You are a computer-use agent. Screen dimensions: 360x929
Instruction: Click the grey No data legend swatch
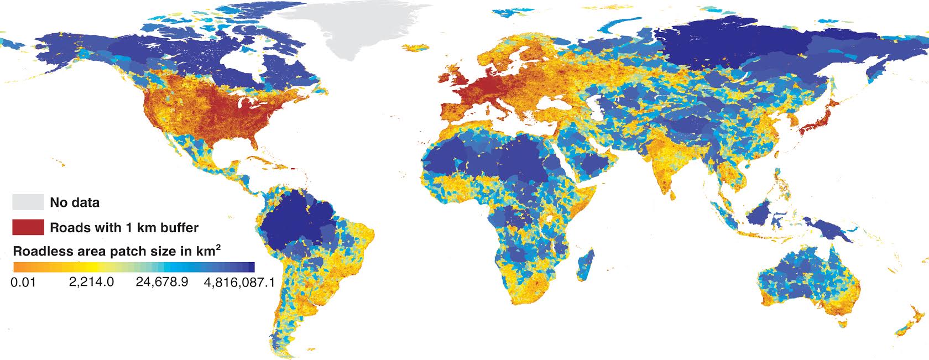(28, 202)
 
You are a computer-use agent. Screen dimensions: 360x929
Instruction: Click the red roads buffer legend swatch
(28, 227)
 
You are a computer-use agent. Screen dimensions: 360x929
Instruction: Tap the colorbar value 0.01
(23, 282)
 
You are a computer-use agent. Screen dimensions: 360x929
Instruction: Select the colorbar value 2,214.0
(92, 282)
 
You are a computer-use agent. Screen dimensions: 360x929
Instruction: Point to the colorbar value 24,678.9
(162, 282)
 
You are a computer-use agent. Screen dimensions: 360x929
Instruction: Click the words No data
(75, 202)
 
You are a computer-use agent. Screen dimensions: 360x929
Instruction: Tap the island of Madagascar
(587, 264)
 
